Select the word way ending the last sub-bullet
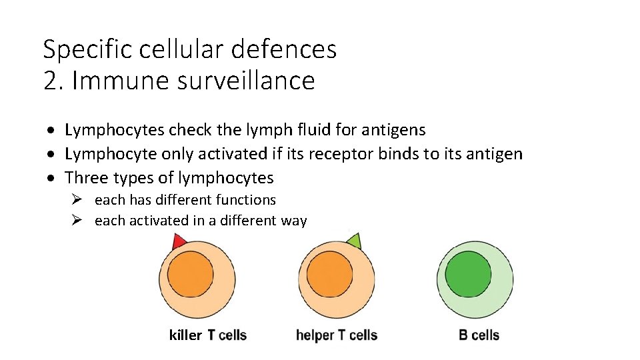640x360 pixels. [294, 221]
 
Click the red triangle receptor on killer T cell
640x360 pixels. [178, 242]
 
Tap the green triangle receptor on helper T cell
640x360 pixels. [354, 241]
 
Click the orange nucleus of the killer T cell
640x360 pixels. [191, 275]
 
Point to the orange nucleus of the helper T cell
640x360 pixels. [331, 275]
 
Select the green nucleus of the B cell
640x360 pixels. [468, 275]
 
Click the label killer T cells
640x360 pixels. [207, 335]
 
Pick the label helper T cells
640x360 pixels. [337, 335]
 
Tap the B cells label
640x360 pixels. [479, 335]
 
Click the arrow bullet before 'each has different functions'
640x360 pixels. [77, 200]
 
